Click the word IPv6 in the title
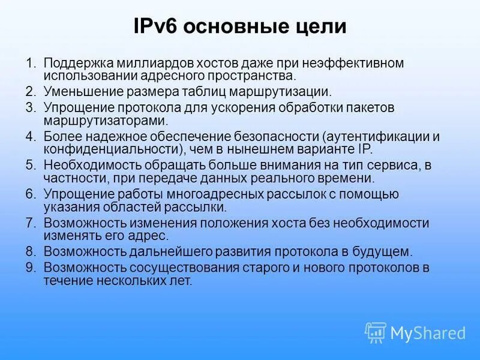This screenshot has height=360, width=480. click(x=157, y=27)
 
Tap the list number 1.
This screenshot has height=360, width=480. click(x=31, y=63)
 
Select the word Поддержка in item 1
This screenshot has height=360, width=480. click(x=74, y=63)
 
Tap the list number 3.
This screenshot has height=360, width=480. click(x=31, y=107)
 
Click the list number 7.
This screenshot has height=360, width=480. click(x=31, y=223)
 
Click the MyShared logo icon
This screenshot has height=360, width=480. click(x=376, y=332)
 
